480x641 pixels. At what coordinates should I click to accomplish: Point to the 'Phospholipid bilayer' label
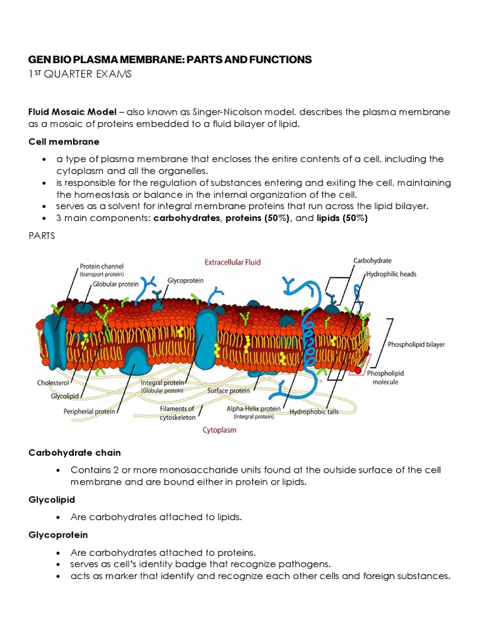416,344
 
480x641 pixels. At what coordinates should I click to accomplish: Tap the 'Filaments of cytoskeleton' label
177,413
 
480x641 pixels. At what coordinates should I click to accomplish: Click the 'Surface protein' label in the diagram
228,390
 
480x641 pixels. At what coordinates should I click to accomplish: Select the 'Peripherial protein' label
89,411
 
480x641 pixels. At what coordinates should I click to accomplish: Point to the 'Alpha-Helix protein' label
254,408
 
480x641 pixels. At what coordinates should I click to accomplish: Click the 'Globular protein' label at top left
116,284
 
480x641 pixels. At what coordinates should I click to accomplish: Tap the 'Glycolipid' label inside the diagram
64,396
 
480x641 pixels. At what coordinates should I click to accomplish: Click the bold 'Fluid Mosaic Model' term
72,112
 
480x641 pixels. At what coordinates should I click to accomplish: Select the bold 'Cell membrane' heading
64,142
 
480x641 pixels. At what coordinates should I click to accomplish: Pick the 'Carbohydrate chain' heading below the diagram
75,452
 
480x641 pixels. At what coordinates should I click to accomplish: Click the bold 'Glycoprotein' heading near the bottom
58,535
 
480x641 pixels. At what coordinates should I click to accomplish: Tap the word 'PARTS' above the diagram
42,236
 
